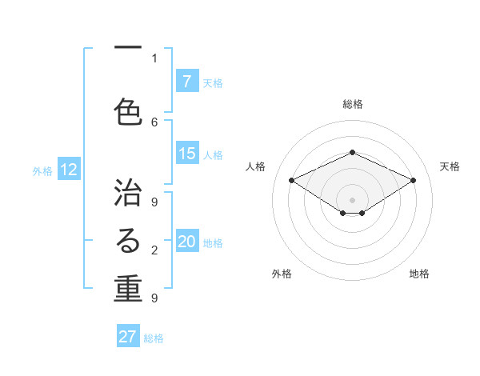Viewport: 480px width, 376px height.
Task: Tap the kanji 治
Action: (x=128, y=192)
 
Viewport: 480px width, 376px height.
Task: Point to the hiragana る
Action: (x=128, y=241)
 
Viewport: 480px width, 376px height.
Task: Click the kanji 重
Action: (x=128, y=290)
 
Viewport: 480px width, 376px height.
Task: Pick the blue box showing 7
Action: (x=186, y=81)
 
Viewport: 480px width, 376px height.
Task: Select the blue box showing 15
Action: (x=186, y=154)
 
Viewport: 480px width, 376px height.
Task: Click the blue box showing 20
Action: (x=186, y=242)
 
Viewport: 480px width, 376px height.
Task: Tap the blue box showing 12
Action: (x=69, y=170)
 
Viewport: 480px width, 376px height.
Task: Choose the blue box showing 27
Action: (x=128, y=337)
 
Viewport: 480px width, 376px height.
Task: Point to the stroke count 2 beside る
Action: (x=154, y=250)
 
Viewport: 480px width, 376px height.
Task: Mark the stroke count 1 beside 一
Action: (x=154, y=58)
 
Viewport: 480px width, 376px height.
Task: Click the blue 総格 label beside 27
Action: (x=154, y=338)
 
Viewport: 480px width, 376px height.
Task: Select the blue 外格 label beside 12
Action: (x=42, y=170)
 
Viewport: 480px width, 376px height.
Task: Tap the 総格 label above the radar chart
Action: (x=352, y=104)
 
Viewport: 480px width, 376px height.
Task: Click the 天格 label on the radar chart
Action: (x=450, y=166)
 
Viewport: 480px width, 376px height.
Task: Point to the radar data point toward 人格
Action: (x=291, y=180)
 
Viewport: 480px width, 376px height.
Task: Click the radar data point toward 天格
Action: (x=413, y=180)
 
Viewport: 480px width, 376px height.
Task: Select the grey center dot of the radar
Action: (x=352, y=198)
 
